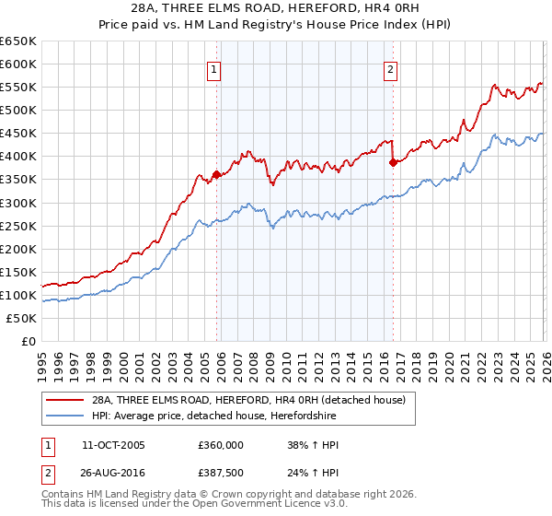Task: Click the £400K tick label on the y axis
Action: (18, 157)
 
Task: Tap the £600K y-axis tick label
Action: (18, 64)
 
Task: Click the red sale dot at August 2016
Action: (393, 162)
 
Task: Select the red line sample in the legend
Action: (65, 400)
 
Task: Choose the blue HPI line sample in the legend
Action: (65, 416)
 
